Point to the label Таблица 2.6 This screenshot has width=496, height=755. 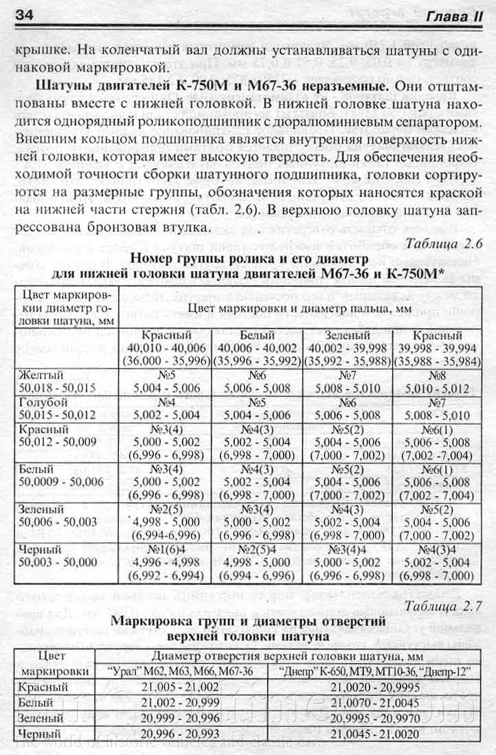[x=444, y=244]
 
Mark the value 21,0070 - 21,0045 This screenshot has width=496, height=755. [x=376, y=703]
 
